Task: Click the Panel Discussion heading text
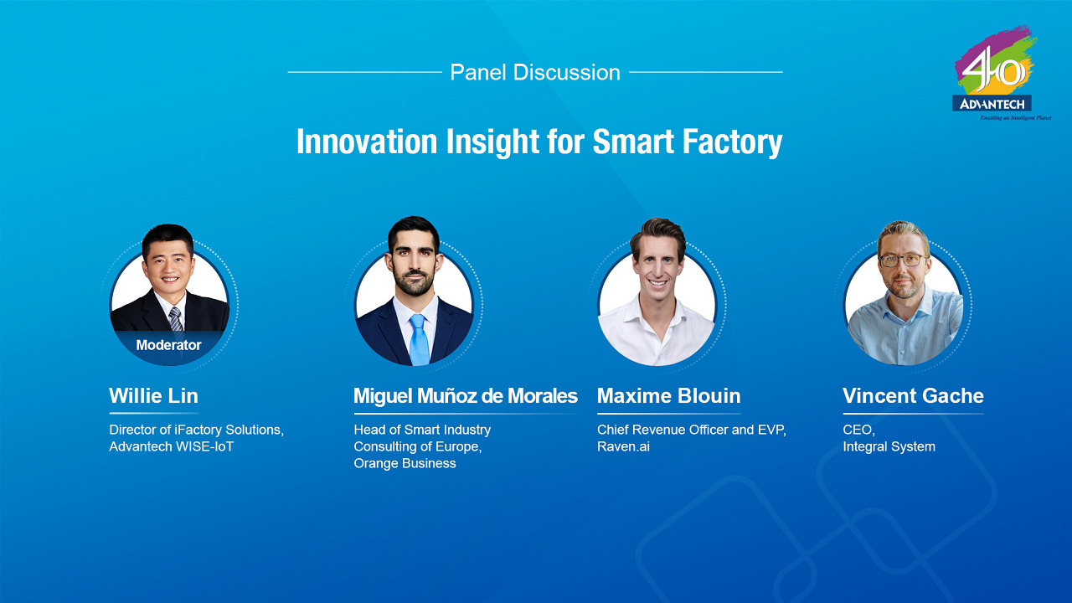[534, 73]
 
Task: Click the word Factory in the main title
[731, 142]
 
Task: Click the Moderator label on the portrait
[168, 345]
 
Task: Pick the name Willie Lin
[153, 395]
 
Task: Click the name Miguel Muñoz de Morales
[465, 395]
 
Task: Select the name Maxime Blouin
[668, 395]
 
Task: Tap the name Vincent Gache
[913, 395]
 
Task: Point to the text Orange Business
[405, 463]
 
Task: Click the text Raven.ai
[623, 446]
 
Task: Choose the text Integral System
[889, 446]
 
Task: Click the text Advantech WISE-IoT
[171, 446]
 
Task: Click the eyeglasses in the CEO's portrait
[903, 260]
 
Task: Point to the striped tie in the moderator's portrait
[175, 319]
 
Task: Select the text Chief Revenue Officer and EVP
[691, 430]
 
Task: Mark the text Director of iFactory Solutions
[196, 430]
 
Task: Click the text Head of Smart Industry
[422, 430]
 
